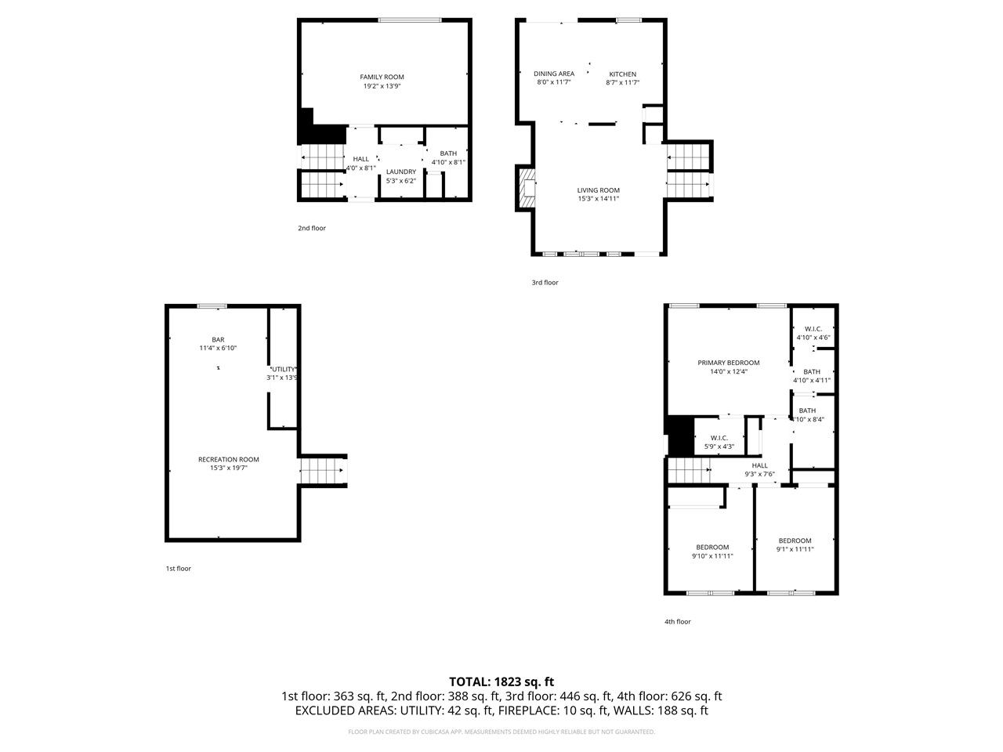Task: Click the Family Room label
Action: pyautogui.click(x=382, y=77)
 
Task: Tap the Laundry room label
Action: pyautogui.click(x=400, y=172)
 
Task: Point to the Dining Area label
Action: pyautogui.click(x=554, y=74)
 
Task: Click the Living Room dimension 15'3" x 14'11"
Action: pyautogui.click(x=599, y=199)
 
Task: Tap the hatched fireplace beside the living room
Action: pyautogui.click(x=527, y=190)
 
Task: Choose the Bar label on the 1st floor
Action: pyautogui.click(x=218, y=339)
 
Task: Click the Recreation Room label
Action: pyautogui.click(x=228, y=460)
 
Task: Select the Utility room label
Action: pyautogui.click(x=283, y=369)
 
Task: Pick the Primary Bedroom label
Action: pyautogui.click(x=729, y=363)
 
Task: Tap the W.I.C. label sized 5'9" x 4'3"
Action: pyautogui.click(x=719, y=438)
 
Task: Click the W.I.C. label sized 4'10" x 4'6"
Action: pyautogui.click(x=813, y=329)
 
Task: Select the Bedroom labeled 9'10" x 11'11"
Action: pyautogui.click(x=712, y=548)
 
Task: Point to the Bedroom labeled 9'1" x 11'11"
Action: pyautogui.click(x=795, y=540)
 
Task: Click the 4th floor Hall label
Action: pyautogui.click(x=759, y=465)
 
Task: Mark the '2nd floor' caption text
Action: pyautogui.click(x=312, y=229)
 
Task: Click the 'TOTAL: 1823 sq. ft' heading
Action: pyautogui.click(x=501, y=681)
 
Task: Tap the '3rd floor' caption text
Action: pyautogui.click(x=545, y=283)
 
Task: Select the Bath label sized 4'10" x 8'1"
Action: pyautogui.click(x=448, y=154)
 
